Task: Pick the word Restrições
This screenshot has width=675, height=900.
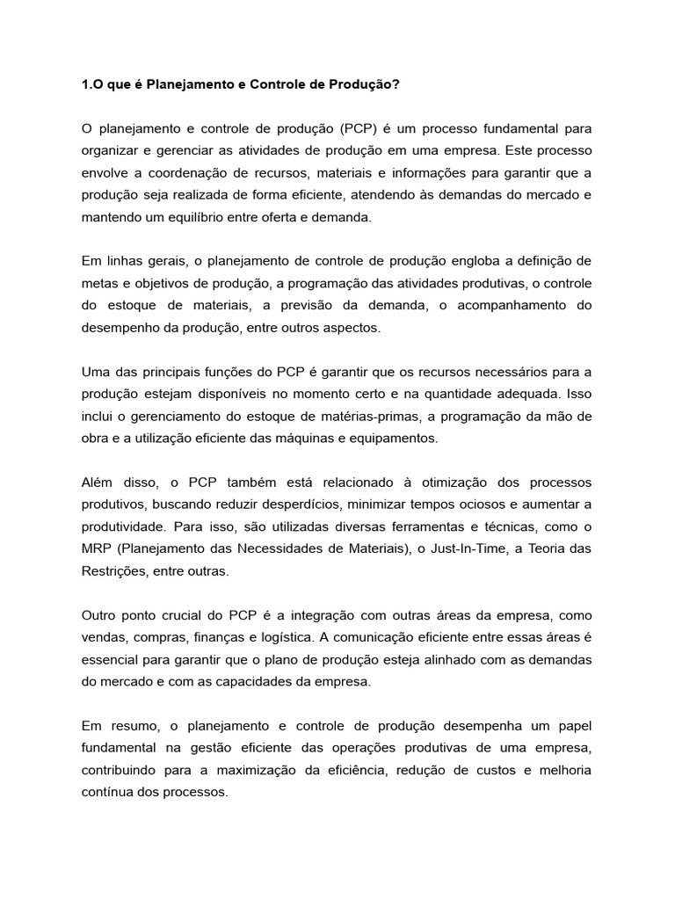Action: (111, 570)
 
